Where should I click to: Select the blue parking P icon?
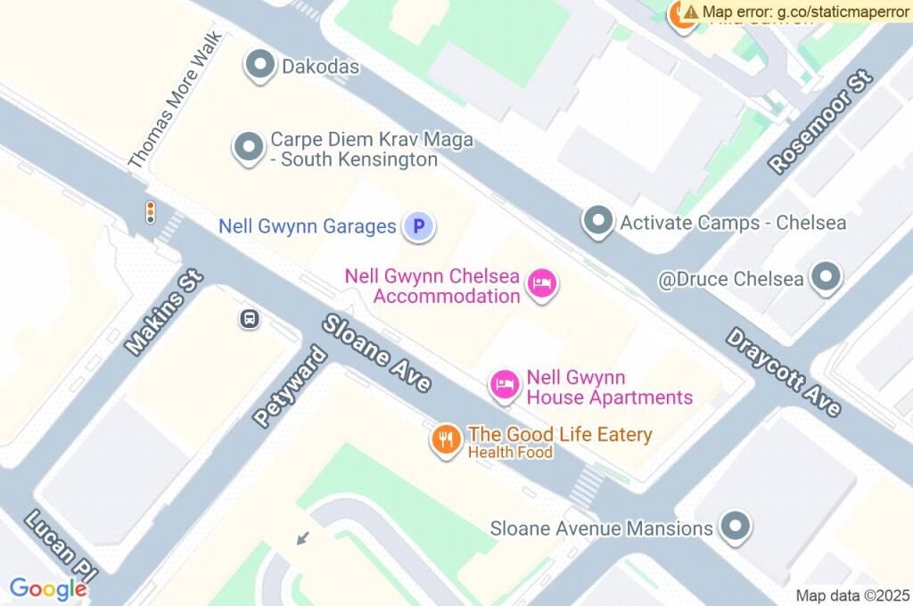coord(418,226)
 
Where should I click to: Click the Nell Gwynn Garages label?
coord(307,226)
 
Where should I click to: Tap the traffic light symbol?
coord(151,212)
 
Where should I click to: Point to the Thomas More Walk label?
coord(174,101)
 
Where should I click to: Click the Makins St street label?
coord(165,309)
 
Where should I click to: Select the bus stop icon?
coord(250,318)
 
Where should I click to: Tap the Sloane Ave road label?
coord(377,353)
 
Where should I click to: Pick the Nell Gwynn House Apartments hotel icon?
coord(505,385)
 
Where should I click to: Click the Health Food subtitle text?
coord(510,453)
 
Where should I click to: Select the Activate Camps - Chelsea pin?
coord(597,220)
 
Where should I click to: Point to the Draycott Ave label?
coord(783,372)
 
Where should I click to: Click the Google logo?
coord(48,589)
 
